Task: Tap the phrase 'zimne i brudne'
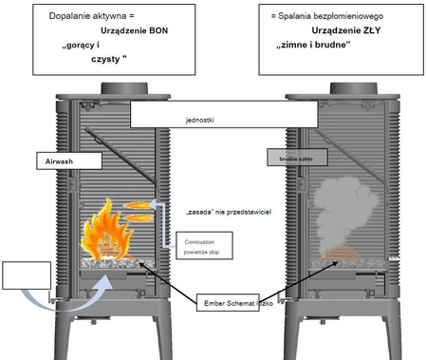tap(322, 45)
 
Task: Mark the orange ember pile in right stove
tap(340, 253)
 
